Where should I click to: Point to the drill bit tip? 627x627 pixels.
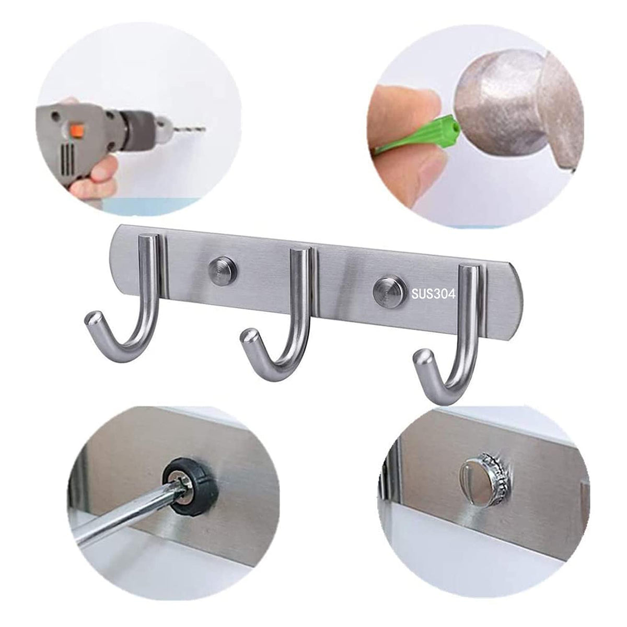point(204,128)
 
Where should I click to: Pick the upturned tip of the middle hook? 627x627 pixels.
point(248,338)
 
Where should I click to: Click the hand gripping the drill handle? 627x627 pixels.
point(92,181)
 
